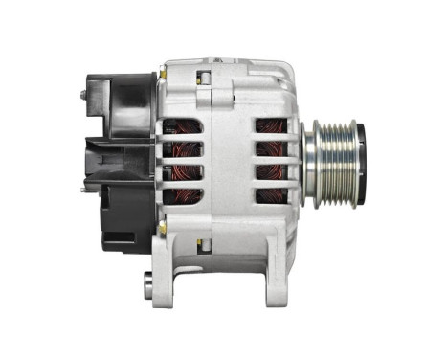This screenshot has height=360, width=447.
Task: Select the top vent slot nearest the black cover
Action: click(x=181, y=125)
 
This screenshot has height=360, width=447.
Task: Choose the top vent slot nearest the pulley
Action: click(x=274, y=125)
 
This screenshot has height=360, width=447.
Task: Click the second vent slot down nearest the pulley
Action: click(x=274, y=149)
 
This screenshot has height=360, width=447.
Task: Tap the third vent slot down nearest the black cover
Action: click(x=181, y=173)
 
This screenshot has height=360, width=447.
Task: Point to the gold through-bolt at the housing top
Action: click(x=164, y=72)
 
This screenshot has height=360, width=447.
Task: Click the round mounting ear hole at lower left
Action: click(x=148, y=282)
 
